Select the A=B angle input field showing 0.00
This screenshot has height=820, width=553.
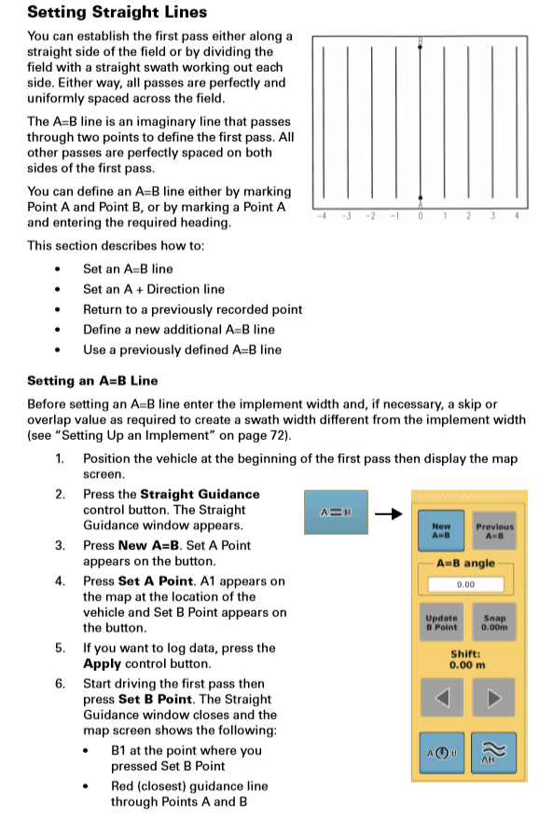[x=467, y=584]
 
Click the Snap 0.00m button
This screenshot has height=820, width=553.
[x=493, y=622]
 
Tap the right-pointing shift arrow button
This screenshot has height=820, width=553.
[x=494, y=698]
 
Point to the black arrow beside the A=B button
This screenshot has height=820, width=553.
[x=388, y=512]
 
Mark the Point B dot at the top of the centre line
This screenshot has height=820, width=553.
[x=421, y=46]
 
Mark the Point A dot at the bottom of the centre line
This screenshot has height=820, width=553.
[x=421, y=198]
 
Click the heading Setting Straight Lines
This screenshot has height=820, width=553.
[x=118, y=13]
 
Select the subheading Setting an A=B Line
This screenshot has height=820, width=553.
[x=92, y=380]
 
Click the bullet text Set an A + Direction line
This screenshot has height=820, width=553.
[x=154, y=289]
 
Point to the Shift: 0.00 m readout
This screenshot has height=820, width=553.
[x=467, y=660]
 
